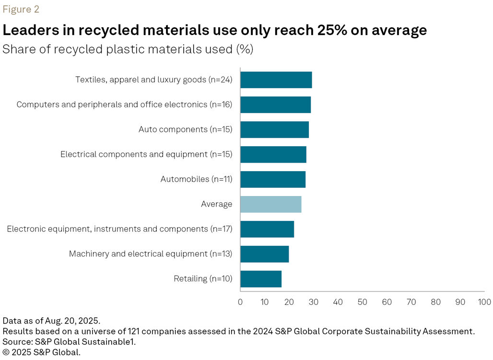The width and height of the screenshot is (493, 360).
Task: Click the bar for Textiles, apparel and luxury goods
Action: point(276,80)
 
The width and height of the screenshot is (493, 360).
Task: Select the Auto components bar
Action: point(274,129)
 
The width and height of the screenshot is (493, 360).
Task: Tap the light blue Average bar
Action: point(270,204)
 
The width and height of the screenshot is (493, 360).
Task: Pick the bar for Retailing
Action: point(260,279)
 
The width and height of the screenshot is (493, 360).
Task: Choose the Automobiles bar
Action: point(272,179)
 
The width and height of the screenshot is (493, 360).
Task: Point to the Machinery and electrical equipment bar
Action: point(264,254)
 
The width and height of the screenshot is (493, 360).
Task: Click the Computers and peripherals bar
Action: point(275,105)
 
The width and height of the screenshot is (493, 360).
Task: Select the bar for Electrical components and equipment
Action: point(273,154)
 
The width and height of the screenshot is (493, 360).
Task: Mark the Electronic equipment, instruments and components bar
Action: point(267,229)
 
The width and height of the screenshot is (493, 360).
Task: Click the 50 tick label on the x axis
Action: point(362,302)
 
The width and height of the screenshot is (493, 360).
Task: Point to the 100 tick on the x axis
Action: point(484,302)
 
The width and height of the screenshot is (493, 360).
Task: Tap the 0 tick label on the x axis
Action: point(240,302)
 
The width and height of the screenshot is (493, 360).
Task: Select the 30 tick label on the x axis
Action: point(313,302)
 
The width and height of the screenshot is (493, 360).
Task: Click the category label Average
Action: point(216,204)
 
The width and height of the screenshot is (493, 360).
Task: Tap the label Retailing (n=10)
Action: point(203,279)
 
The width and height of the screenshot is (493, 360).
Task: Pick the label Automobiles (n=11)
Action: point(196,179)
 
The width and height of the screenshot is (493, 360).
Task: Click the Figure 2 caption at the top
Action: point(21,9)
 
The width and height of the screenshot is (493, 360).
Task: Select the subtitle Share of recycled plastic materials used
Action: point(128,49)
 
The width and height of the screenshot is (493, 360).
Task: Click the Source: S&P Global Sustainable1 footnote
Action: point(69,341)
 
